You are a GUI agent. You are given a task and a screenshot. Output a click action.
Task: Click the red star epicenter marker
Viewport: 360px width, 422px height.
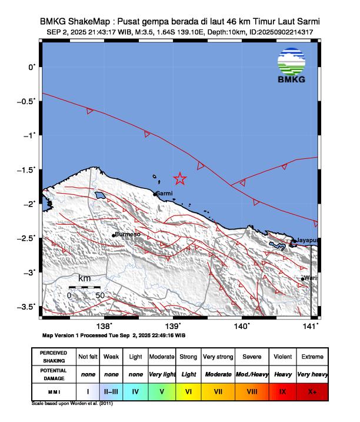pyautogui.click(x=180, y=178)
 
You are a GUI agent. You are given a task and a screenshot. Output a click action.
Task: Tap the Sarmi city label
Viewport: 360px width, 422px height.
pyautogui.click(x=165, y=193)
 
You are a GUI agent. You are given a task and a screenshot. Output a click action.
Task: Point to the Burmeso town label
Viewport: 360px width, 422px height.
pyautogui.click(x=127, y=234)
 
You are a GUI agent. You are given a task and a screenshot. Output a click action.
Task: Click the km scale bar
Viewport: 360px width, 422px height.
pyautogui.click(x=85, y=287)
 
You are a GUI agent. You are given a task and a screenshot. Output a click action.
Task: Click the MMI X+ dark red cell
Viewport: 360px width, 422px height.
pyautogui.click(x=312, y=390)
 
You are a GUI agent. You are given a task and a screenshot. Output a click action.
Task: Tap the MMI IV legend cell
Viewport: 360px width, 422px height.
pyautogui.click(x=135, y=390)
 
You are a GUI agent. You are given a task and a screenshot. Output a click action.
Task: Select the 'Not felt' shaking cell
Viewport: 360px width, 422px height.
pyautogui.click(x=88, y=357)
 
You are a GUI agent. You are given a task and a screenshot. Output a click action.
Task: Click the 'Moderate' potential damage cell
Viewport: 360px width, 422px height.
pyautogui.click(x=218, y=374)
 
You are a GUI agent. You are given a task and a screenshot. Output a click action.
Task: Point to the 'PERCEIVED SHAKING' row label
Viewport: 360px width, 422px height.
pyautogui.click(x=54, y=357)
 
